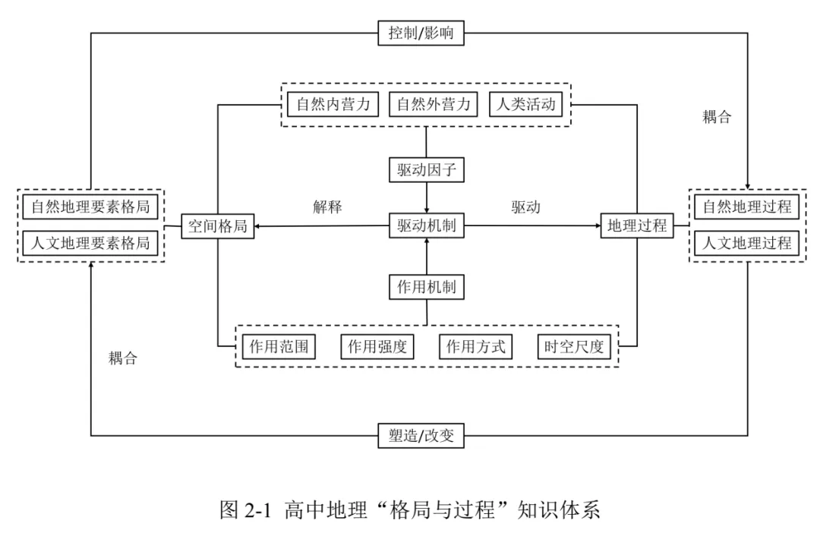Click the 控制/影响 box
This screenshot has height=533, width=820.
[421, 33]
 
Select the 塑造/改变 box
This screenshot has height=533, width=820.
[421, 436]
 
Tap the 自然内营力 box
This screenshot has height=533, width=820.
[333, 104]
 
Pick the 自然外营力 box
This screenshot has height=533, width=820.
[434, 104]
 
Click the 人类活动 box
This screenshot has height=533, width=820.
[525, 104]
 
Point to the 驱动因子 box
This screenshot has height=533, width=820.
[427, 170]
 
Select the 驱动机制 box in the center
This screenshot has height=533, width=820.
[427, 226]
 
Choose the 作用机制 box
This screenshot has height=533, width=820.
[427, 287]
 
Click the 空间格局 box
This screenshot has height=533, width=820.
[218, 226]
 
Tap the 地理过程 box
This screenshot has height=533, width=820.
[637, 226]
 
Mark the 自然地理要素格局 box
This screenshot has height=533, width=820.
[90, 207]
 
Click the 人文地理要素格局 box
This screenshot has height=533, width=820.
[90, 243]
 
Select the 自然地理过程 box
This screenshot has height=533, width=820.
[747, 207]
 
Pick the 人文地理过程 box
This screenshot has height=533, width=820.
[747, 243]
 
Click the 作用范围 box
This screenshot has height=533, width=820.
[279, 347]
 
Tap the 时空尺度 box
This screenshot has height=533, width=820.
[574, 347]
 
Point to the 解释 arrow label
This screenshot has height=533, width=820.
[327, 207]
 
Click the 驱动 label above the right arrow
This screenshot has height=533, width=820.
[525, 207]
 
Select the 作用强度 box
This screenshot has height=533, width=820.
[377, 347]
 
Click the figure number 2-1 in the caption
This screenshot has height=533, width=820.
[258, 509]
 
